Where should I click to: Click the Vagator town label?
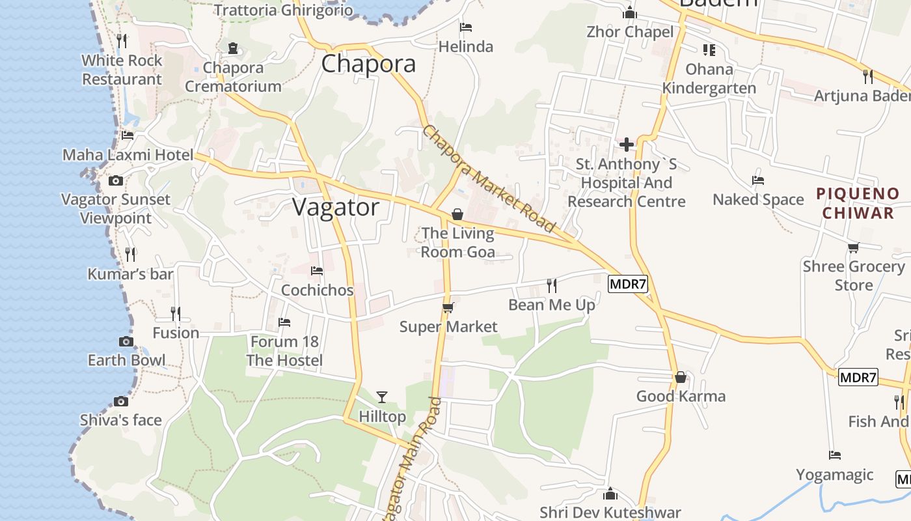point(335,207)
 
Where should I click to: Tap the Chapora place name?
point(368,64)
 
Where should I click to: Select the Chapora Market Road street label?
point(489,178)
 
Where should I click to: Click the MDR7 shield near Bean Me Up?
point(627,284)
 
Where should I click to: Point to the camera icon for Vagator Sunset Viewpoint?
point(116,180)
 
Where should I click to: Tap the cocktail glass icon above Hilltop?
point(382,397)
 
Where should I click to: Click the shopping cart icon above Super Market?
point(448,307)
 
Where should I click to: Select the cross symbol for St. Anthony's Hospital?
point(627,144)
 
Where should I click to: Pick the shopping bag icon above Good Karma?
point(681,377)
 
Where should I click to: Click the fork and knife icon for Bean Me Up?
point(552,285)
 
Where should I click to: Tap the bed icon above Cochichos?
point(317,270)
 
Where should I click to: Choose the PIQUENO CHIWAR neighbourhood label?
point(858,203)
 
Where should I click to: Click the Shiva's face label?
point(120,420)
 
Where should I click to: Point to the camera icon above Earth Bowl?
point(126,341)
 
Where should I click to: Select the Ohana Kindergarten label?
point(709,78)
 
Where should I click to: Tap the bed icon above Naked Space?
point(758,180)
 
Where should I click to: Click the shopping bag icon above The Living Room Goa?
point(457,214)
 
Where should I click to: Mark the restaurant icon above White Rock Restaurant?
point(122,41)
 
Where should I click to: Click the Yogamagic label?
point(834,474)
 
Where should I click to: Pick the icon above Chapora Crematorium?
point(233,48)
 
